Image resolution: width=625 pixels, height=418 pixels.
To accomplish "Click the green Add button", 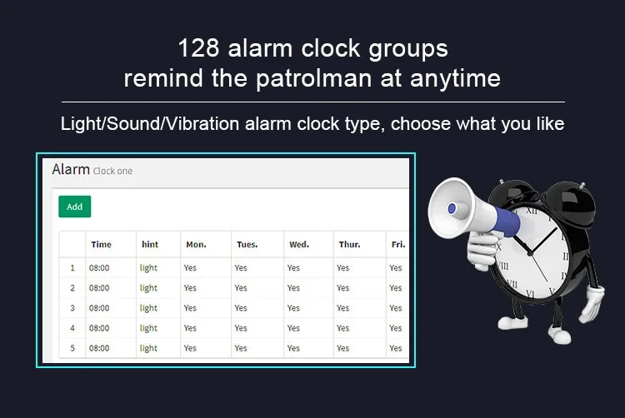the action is tap(74, 207).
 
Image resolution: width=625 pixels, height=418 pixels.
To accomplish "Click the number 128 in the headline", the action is tap(198, 48).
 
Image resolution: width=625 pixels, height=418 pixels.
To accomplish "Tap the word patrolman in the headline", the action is tap(314, 78).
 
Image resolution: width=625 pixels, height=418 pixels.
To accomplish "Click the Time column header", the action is tap(101, 245).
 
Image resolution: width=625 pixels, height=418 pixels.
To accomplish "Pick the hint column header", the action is tap(150, 245).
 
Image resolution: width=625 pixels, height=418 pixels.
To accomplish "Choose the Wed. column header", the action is tap(299, 245).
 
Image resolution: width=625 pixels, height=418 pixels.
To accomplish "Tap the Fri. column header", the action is tap(398, 245).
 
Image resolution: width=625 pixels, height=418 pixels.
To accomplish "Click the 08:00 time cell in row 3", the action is tap(99, 308).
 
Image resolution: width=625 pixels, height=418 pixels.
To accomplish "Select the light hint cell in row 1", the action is tap(148, 268).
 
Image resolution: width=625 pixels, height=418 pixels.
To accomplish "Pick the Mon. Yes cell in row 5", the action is tap(190, 348).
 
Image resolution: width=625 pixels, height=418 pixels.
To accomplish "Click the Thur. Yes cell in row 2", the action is tap(342, 288).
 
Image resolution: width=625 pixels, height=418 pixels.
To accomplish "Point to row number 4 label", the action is tap(72, 328).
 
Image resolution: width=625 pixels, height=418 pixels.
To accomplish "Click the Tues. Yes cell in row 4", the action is tap(241, 328).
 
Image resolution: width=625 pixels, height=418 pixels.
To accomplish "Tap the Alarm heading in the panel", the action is tap(71, 170).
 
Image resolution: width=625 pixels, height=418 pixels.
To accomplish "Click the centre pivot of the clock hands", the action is tap(530, 252).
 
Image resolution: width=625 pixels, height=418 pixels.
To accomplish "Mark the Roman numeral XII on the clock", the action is tap(532, 210).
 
